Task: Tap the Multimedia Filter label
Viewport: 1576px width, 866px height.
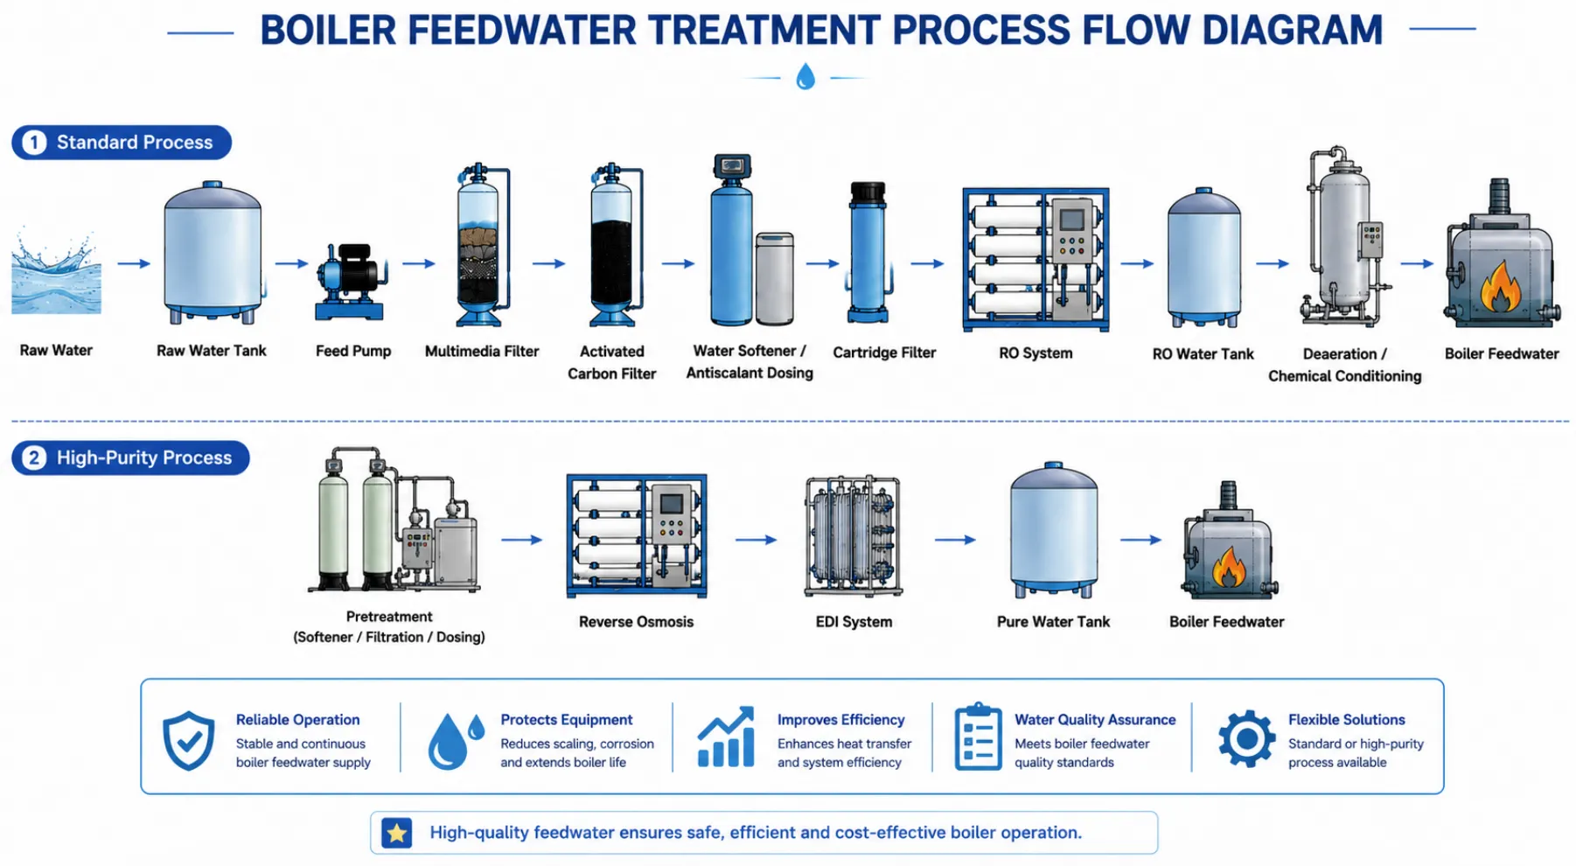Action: tap(482, 351)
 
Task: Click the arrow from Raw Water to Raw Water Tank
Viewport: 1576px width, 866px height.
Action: tap(134, 263)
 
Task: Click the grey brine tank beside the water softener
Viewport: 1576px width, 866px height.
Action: tap(774, 278)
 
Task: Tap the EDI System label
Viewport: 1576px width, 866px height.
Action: tap(854, 622)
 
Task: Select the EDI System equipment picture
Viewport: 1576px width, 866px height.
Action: tap(853, 536)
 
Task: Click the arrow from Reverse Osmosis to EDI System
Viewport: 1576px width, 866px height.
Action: tap(756, 540)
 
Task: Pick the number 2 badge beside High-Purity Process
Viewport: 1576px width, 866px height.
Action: tap(34, 457)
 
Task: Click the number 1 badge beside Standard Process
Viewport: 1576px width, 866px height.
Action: tap(34, 143)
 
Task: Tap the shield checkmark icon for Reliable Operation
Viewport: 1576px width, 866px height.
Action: tap(189, 740)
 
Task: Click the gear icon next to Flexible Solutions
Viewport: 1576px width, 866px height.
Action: tap(1246, 739)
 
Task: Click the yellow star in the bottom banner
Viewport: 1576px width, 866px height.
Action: tap(397, 833)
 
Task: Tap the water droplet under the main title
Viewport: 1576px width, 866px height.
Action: tap(805, 77)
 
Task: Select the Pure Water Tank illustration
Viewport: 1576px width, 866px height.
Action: tap(1053, 531)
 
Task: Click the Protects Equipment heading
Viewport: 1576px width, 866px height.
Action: tap(567, 719)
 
